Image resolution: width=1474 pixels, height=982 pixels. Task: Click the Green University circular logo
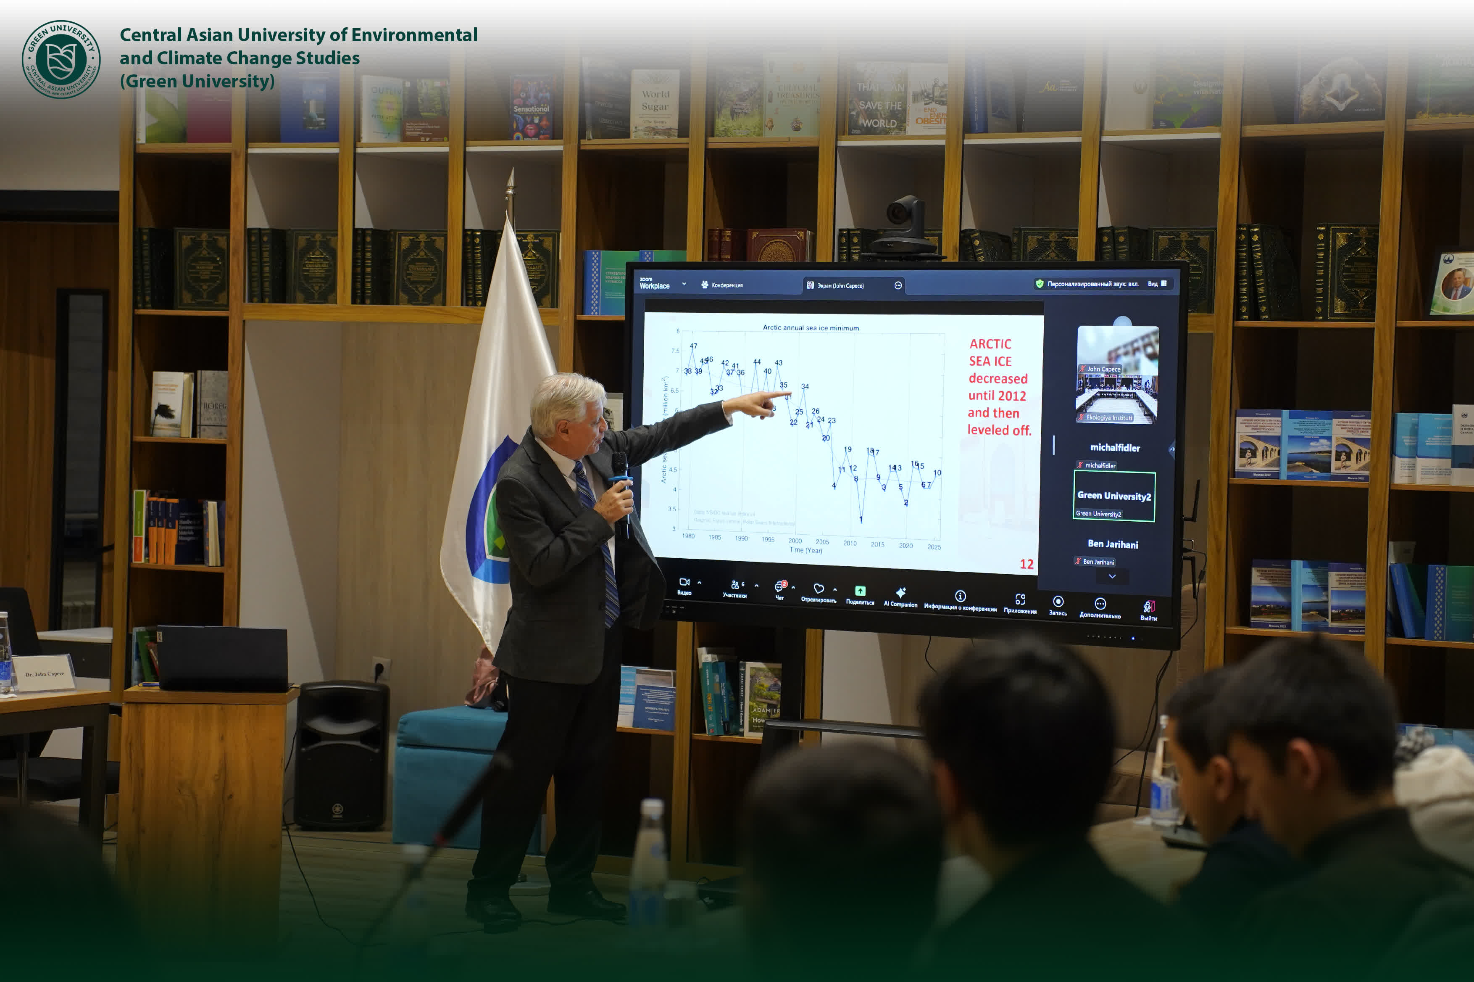tap(61, 60)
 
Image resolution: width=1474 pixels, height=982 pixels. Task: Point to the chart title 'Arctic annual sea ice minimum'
tap(811, 327)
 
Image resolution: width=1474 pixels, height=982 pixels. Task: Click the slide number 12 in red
tap(1027, 564)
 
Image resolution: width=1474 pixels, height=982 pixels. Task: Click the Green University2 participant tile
tap(1113, 496)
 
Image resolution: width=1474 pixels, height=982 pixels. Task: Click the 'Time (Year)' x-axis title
tap(805, 550)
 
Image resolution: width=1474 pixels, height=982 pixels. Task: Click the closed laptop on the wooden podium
tap(222, 657)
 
